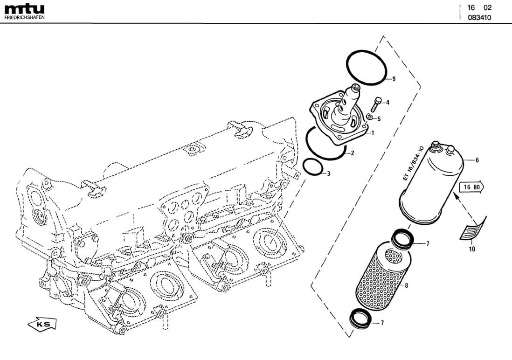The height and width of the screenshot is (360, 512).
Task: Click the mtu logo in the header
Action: click(x=25, y=9)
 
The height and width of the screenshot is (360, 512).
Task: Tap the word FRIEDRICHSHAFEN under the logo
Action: click(x=25, y=17)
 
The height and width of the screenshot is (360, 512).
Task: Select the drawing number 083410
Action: click(x=479, y=17)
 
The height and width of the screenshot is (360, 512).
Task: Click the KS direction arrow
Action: click(x=42, y=325)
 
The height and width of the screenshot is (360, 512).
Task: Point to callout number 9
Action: click(x=394, y=79)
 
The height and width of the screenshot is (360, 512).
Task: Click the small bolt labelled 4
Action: click(x=375, y=104)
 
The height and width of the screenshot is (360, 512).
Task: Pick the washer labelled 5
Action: click(x=370, y=117)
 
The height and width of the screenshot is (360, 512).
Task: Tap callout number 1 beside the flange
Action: click(x=373, y=132)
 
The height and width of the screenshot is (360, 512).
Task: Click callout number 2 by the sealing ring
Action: click(x=353, y=152)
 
